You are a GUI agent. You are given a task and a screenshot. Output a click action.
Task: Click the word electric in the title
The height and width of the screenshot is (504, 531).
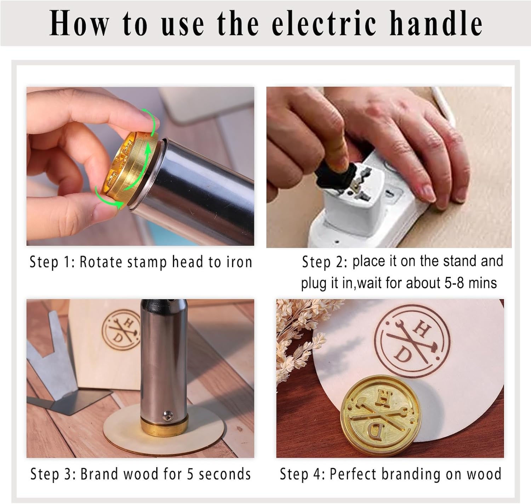(323, 23)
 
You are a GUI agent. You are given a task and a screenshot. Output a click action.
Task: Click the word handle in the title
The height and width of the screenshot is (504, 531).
(436, 23)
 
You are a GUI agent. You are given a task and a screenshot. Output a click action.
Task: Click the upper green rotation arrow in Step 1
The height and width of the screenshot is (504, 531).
(150, 124)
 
